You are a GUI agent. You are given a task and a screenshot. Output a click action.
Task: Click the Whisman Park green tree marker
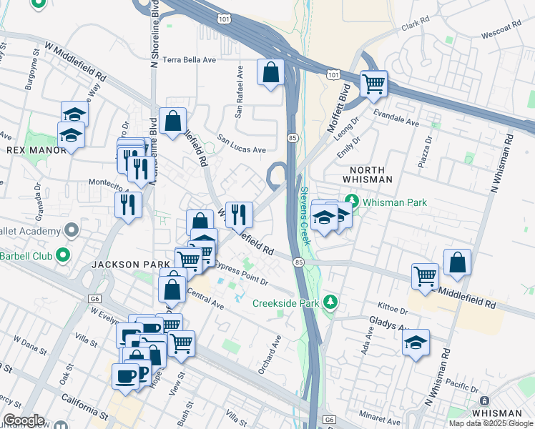point(351,202)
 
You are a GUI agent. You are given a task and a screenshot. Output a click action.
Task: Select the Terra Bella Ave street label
point(189,60)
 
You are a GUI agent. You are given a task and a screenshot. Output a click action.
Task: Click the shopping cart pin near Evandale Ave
point(373,84)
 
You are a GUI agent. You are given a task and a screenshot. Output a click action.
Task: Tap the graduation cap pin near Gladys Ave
point(415,342)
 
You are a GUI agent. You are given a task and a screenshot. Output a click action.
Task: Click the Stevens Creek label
point(305,215)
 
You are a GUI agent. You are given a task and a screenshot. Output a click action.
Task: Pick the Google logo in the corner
point(24,420)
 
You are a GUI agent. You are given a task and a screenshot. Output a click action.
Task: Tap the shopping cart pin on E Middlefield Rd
point(425,275)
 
